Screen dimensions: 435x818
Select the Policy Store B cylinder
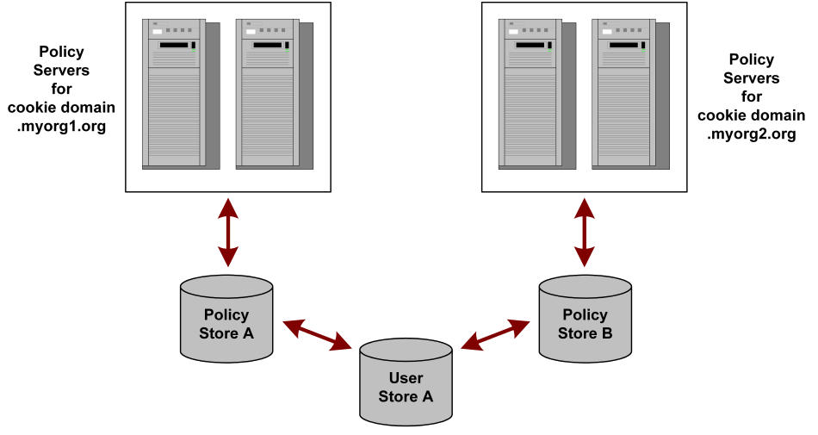tap(585, 324)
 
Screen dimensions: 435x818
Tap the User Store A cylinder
tap(406, 387)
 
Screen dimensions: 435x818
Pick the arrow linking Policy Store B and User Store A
tap(495, 334)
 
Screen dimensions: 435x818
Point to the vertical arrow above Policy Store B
tap(585, 233)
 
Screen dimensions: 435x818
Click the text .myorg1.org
tap(61, 125)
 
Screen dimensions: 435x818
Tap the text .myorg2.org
tap(752, 134)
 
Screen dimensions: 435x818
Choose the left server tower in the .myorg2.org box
tap(530, 93)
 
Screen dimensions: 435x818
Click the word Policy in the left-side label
tap(61, 52)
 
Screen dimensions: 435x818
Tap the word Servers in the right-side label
tap(752, 78)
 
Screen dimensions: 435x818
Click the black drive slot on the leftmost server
tap(174, 44)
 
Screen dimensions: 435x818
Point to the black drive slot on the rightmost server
tap(623, 44)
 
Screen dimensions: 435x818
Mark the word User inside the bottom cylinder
tap(406, 378)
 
